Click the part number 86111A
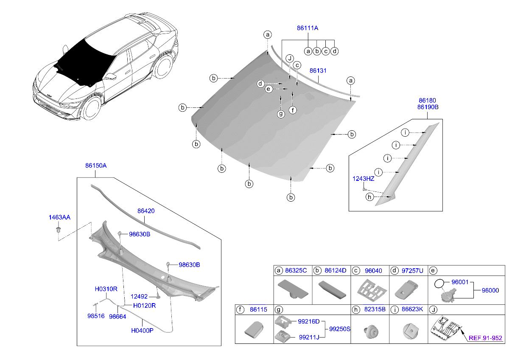point(307,28)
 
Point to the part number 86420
point(145,210)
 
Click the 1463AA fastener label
point(59,217)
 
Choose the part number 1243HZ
point(363,179)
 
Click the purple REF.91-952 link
point(485,338)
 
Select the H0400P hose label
point(142,330)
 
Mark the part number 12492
point(139,297)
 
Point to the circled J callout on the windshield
point(290,58)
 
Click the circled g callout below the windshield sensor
point(280,114)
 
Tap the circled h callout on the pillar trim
point(369,197)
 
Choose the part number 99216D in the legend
point(308,322)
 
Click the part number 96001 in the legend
point(459,281)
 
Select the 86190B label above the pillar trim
point(427,107)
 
